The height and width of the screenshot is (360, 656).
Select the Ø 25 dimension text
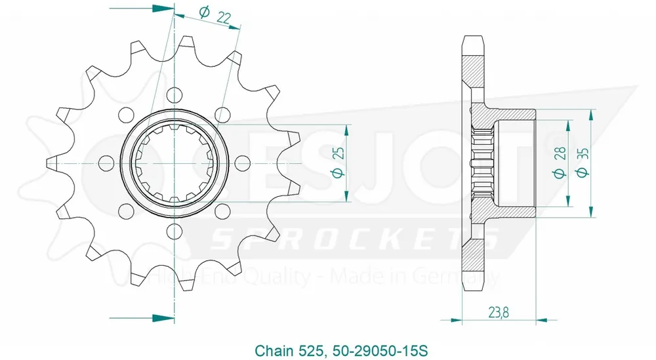(338, 162)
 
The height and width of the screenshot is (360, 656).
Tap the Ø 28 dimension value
(560, 163)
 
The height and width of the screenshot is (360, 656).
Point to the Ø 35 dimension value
(581, 163)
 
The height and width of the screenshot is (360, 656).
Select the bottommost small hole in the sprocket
(174, 231)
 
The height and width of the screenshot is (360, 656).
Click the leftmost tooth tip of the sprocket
(50, 161)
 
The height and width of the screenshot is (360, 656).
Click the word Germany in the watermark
(469, 278)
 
